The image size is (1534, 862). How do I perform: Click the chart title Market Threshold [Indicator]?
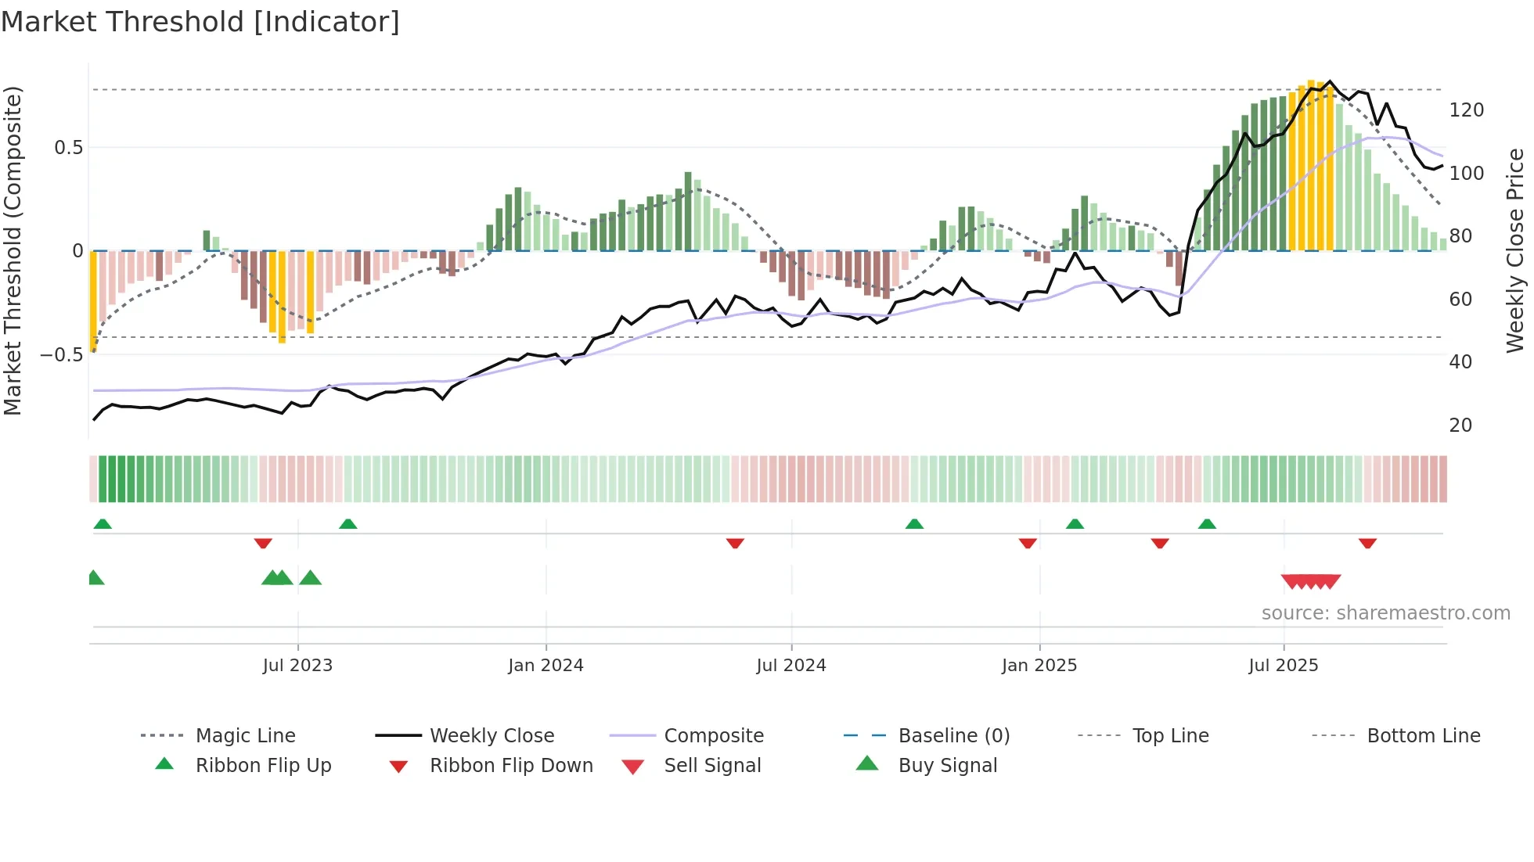(200, 22)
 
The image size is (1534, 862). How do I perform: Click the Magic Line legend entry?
(245, 735)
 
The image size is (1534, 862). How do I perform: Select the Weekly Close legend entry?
(492, 735)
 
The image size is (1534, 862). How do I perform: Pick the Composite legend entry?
(713, 735)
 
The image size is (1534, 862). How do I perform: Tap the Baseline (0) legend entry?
(953, 735)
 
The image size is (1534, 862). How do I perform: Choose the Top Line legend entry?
(1170, 735)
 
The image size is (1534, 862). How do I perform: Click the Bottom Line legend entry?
(1423, 735)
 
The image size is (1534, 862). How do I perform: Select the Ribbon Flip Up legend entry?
(263, 765)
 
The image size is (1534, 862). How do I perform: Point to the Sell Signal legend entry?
(712, 765)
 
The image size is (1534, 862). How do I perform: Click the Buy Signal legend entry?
(947, 765)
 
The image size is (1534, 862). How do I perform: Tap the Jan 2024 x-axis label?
(546, 666)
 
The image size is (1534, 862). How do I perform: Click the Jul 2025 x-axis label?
(1283, 666)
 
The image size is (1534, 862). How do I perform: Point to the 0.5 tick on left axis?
(69, 148)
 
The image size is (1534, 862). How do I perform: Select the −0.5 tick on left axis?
(62, 355)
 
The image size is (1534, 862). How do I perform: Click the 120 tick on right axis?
(1466, 110)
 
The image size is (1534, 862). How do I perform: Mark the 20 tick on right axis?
(1460, 426)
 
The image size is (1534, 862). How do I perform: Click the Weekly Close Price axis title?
(1515, 250)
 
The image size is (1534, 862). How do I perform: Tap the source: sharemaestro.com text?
(1385, 613)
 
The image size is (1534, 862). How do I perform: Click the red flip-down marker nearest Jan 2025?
(1028, 543)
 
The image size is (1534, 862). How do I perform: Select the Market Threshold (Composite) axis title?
(13, 250)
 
